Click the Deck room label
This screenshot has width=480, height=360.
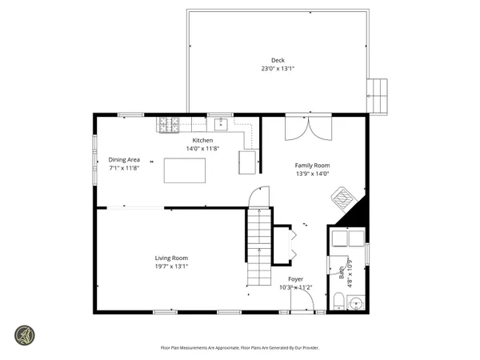[278, 60]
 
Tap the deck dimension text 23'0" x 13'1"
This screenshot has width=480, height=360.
[278, 69]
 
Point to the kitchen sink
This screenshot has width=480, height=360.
[220, 124]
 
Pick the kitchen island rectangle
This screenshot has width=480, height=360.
[185, 170]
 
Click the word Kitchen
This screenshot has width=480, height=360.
[202, 140]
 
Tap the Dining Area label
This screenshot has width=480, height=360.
[124, 159]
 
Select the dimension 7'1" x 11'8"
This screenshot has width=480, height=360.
[124, 168]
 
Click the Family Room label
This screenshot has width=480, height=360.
[313, 166]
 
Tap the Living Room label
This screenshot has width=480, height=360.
[171, 258]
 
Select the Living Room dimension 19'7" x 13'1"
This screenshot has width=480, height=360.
[171, 267]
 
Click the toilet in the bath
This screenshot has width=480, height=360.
[338, 302]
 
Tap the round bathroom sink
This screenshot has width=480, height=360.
[357, 302]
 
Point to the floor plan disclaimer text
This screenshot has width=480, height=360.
[239, 348]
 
